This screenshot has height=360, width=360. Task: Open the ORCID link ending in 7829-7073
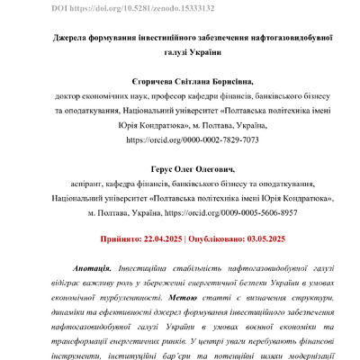[x=181, y=140]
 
